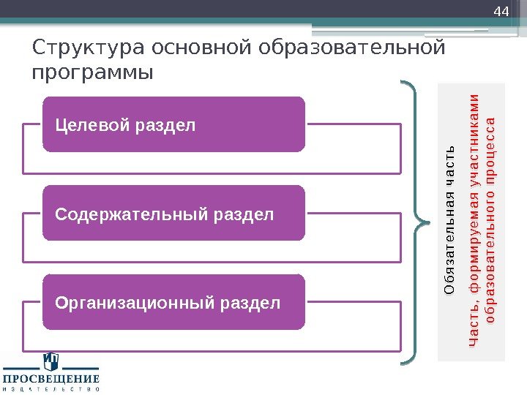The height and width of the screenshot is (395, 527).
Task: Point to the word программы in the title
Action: tap(93, 73)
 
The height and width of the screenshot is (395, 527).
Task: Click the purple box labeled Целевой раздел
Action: tap(173, 124)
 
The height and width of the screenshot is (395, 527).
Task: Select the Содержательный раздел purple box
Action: tap(173, 214)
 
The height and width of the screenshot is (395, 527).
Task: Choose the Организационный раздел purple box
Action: tap(173, 302)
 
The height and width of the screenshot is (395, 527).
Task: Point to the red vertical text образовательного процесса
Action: tap(490, 219)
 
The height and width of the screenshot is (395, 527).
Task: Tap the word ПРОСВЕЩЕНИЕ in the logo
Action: tap(51, 379)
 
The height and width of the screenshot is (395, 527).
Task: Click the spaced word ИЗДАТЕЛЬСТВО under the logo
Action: tap(51, 389)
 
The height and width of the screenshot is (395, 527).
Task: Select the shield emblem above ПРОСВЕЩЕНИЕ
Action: tap(51, 361)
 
